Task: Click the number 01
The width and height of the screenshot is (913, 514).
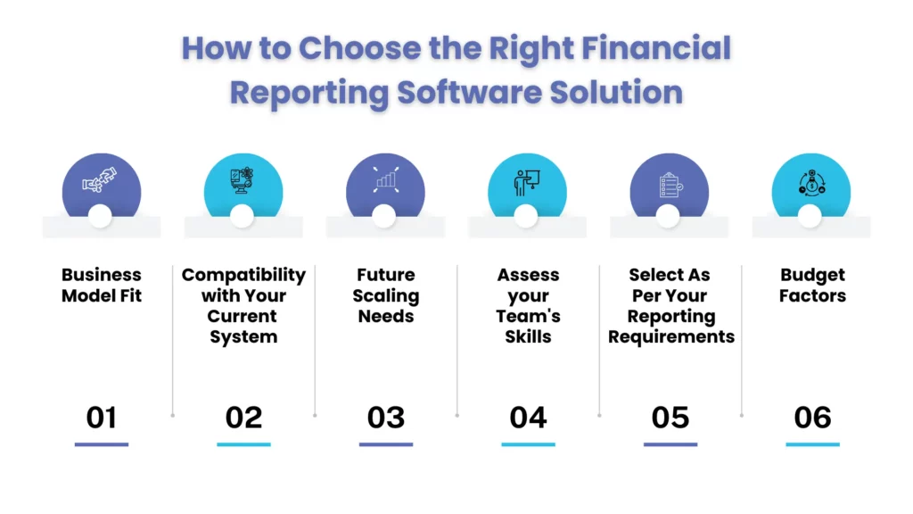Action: pyautogui.click(x=102, y=417)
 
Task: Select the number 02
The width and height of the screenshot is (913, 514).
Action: pyautogui.click(x=243, y=417)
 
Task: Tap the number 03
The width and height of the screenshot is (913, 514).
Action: pyautogui.click(x=386, y=417)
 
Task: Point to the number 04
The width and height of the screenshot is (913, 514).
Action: pyautogui.click(x=528, y=417)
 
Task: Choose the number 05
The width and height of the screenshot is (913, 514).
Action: pyautogui.click(x=670, y=417)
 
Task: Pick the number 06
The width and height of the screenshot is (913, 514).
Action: pyautogui.click(x=812, y=417)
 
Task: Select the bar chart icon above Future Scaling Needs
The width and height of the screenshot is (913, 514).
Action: pyautogui.click(x=385, y=181)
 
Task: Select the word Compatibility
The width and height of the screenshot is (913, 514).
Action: pyautogui.click(x=243, y=275)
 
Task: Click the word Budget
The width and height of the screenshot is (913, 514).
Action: pyautogui.click(x=812, y=275)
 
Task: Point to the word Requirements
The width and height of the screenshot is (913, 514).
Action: pyautogui.click(x=671, y=336)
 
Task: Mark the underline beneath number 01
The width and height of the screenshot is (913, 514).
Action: pyautogui.click(x=102, y=444)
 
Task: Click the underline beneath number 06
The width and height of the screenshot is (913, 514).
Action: pyautogui.click(x=812, y=444)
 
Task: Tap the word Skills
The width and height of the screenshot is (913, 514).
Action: pyautogui.click(x=528, y=336)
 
